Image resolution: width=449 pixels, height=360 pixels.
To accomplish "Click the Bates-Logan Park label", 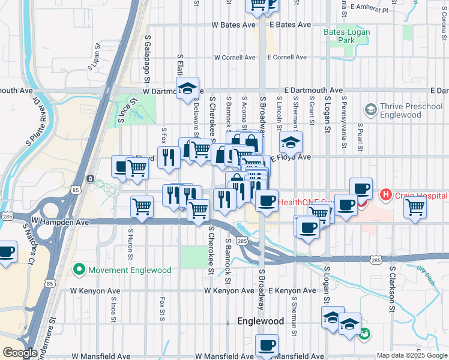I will pyautogui.click(x=346, y=36).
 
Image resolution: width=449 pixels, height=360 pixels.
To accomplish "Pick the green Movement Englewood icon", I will pyautogui.click(x=79, y=269).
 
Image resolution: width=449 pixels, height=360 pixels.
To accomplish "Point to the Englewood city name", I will pyautogui.click(x=261, y=321).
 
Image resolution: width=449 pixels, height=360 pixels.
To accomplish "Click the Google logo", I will pyautogui.click(x=19, y=353).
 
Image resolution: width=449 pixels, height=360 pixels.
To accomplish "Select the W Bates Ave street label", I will pyautogui.click(x=234, y=25).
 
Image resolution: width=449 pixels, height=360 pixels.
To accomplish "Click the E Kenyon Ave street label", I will pyautogui.click(x=292, y=290).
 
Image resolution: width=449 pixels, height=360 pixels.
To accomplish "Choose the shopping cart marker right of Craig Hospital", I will pyautogui.click(x=415, y=208).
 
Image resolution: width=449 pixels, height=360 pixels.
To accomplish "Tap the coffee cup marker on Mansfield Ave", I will pyautogui.click(x=267, y=345).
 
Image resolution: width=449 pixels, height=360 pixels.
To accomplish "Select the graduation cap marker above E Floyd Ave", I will pyautogui.click(x=291, y=143).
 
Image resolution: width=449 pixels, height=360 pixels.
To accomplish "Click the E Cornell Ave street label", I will pyautogui.click(x=286, y=58).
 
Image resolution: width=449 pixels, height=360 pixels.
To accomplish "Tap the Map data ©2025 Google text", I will pyautogui.click(x=411, y=355).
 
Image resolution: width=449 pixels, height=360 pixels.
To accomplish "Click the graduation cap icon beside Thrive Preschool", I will pyautogui.click(x=370, y=110).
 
